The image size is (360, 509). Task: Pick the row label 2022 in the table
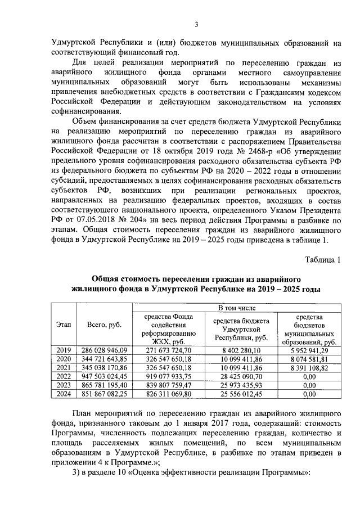(64, 376)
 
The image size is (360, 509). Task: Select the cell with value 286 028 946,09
(105, 350)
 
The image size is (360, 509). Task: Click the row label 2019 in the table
(64, 350)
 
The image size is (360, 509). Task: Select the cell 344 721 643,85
(105, 359)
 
